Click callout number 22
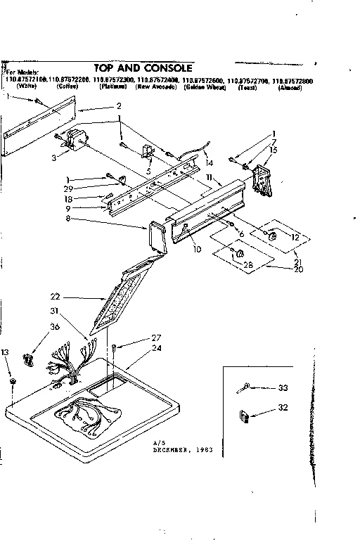tap(56, 296)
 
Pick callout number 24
tap(156, 347)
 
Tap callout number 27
tap(156, 338)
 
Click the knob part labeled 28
tap(238, 252)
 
